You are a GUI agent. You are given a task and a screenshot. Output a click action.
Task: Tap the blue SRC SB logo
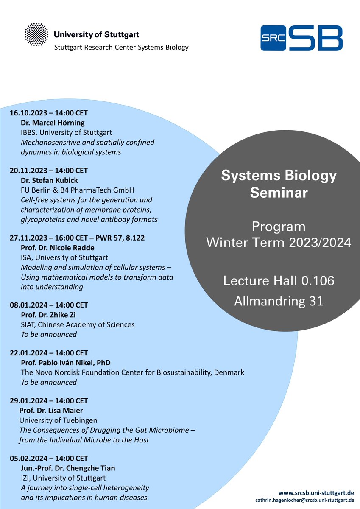tap(301, 37)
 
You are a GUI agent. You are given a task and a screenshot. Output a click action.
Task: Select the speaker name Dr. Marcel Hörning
tap(53, 123)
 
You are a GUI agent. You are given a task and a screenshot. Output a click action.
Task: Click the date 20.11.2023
tap(28, 171)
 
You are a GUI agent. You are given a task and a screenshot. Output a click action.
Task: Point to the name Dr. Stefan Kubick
tap(50, 180)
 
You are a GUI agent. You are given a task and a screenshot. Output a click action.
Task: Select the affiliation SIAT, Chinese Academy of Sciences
tap(78, 324)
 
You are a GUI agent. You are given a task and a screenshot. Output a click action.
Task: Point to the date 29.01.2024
tap(28, 401)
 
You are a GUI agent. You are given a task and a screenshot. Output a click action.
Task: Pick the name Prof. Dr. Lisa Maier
tap(51, 411)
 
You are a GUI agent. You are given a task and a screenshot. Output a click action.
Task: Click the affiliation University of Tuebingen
tap(58, 420)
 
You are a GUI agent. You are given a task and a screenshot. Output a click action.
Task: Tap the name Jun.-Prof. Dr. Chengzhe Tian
tap(68, 468)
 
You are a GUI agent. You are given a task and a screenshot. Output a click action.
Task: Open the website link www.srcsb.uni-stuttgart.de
tap(316, 493)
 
